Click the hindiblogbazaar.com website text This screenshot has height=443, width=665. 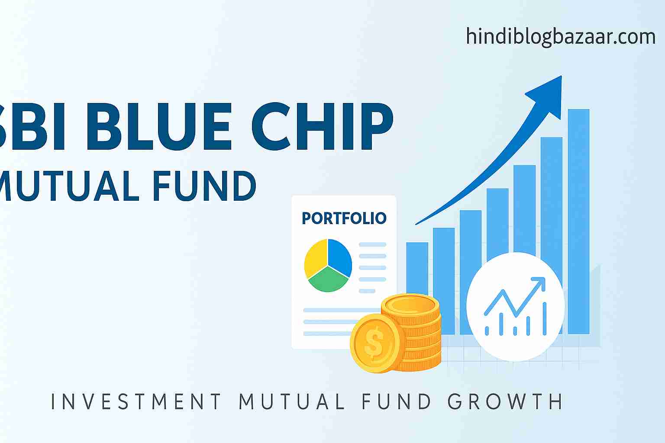coord(561,37)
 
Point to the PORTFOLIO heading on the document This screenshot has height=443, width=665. coord(344,218)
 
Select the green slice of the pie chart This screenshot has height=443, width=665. coord(328,279)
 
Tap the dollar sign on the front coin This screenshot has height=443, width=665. coord(374,342)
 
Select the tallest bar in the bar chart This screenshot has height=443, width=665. coord(578,221)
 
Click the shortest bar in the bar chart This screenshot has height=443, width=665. coord(417,269)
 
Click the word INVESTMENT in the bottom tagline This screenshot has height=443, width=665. coord(136,401)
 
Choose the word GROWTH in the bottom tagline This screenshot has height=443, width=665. coord(505,401)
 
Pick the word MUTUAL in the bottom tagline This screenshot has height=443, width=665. coord(291,401)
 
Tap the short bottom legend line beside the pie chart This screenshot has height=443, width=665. coord(367,291)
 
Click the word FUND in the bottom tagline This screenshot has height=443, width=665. coord(396,401)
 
